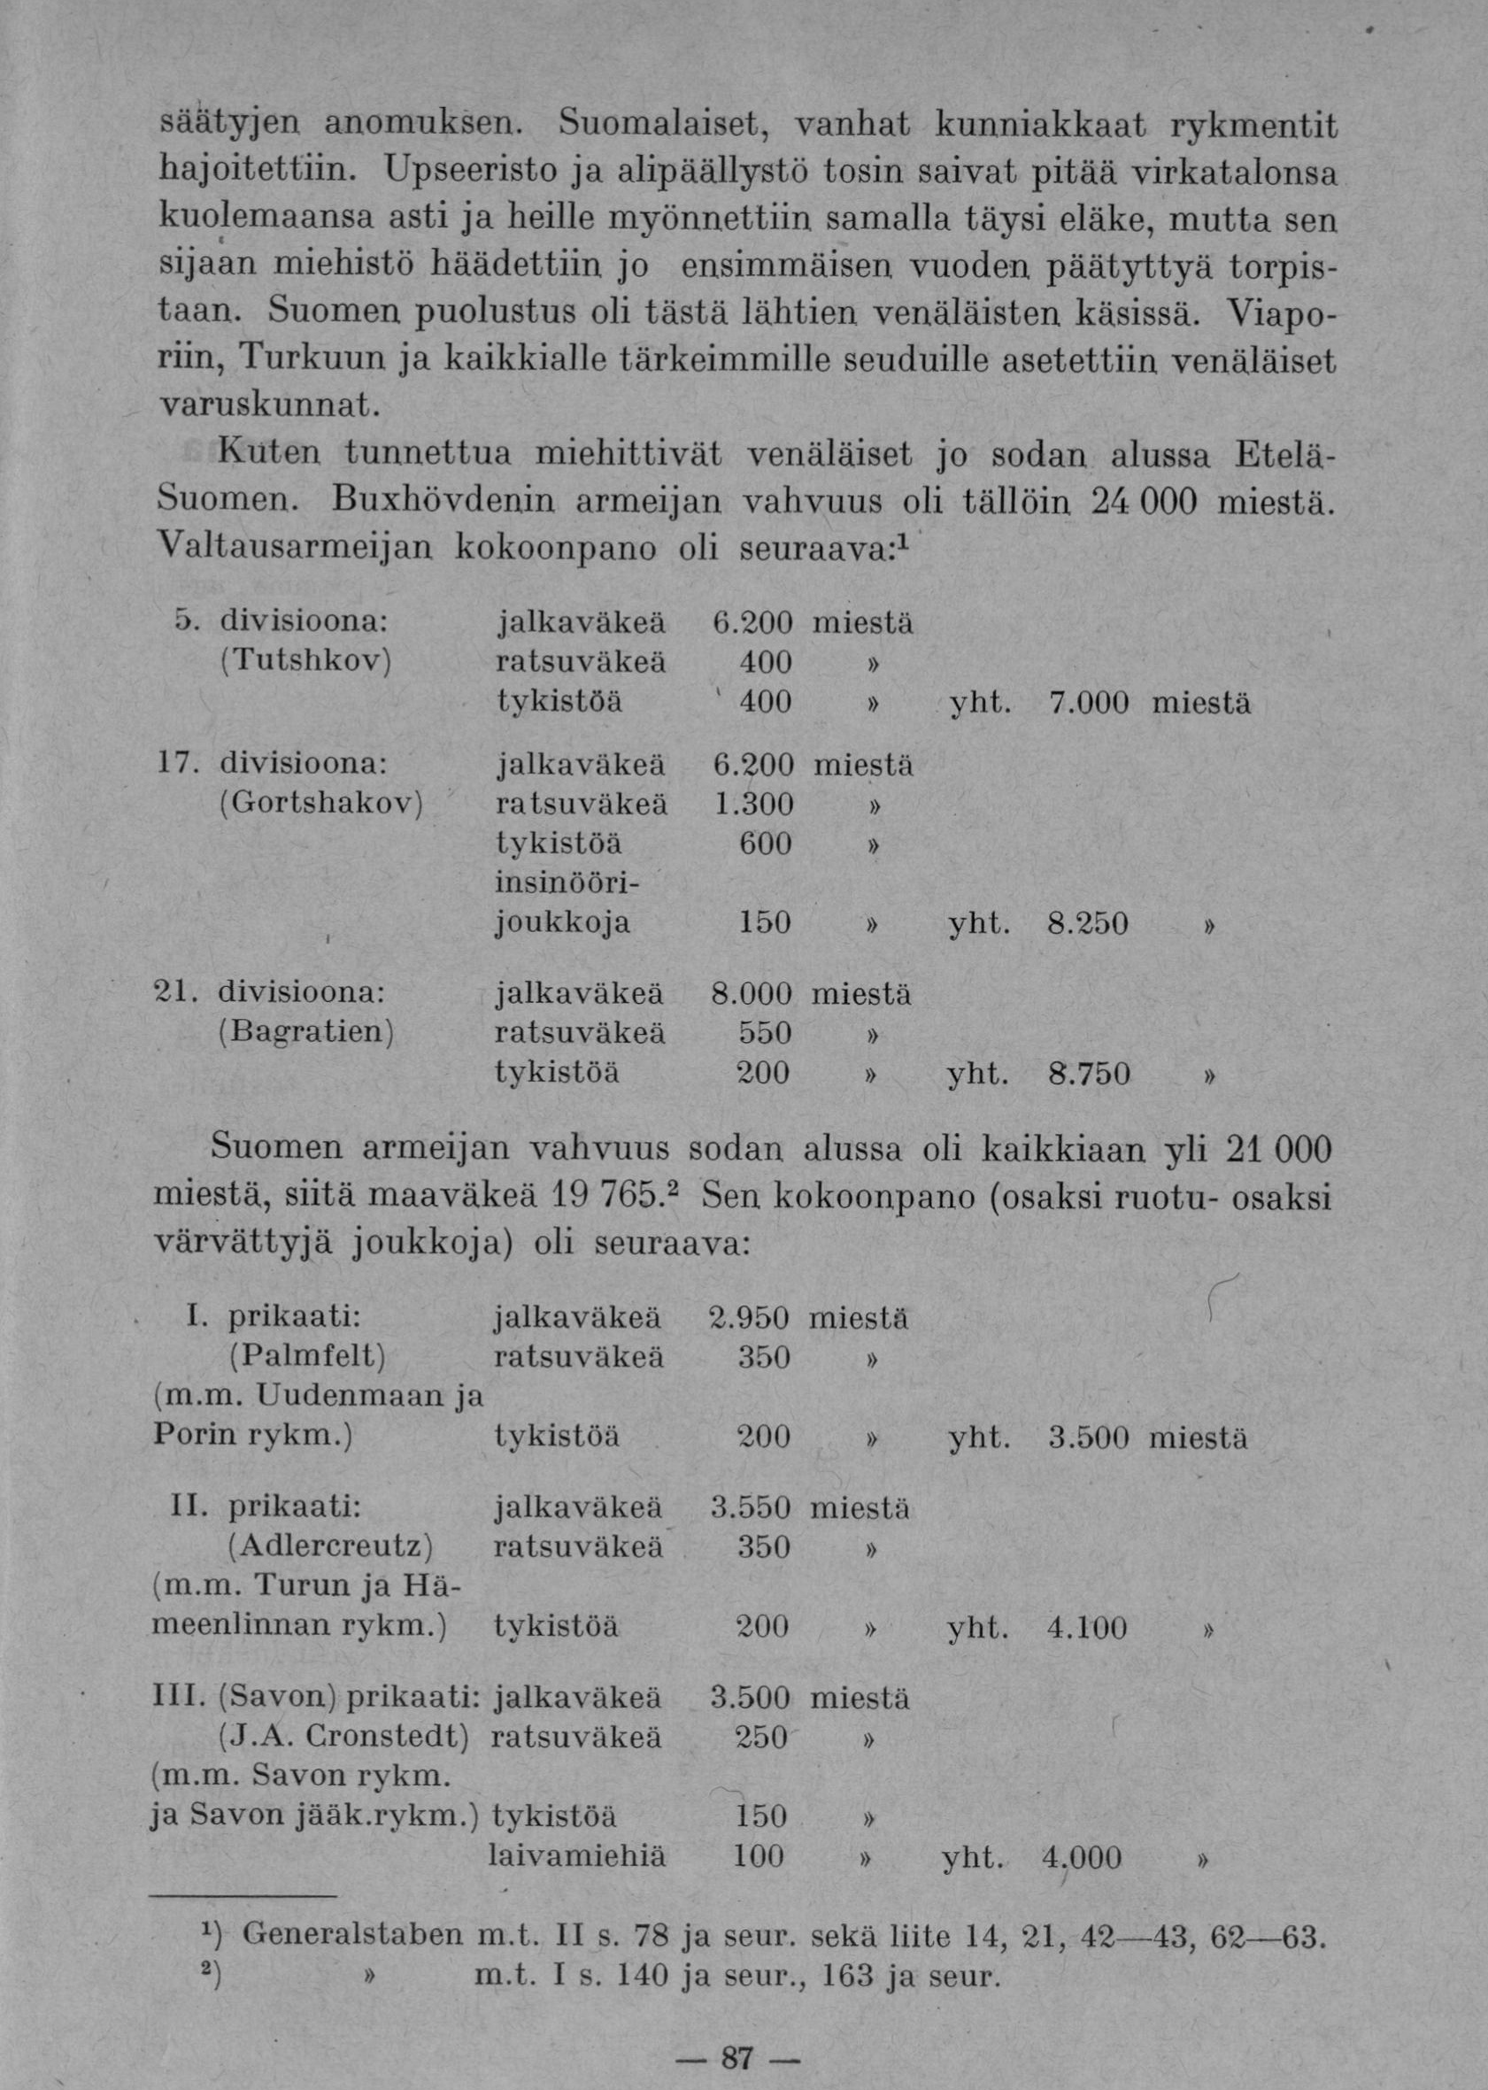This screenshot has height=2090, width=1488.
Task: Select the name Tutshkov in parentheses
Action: [x=306, y=660]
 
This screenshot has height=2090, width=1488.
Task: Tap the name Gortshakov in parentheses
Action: [x=320, y=805]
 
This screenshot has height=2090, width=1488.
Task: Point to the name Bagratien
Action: [x=306, y=1033]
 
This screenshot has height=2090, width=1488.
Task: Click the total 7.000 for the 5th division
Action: [x=1086, y=704]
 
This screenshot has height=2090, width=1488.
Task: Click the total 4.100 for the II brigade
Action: [x=1087, y=1627]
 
